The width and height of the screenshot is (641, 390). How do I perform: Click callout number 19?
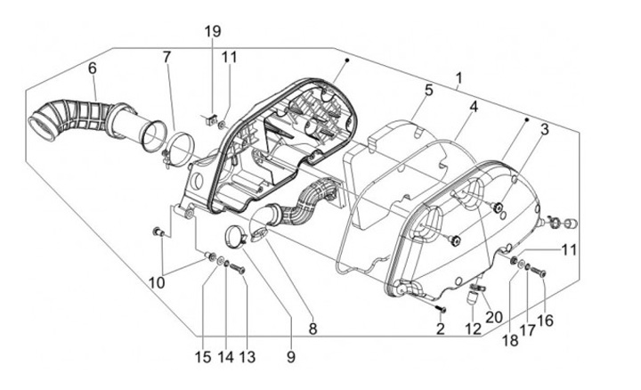[x=211, y=32]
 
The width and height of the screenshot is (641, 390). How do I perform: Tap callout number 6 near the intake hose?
[x=92, y=68]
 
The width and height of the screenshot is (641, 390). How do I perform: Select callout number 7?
[x=166, y=58]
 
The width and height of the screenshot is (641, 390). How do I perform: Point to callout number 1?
[x=458, y=79]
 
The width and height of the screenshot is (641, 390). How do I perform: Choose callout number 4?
[x=474, y=107]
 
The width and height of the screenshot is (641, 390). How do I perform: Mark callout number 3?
[x=543, y=129]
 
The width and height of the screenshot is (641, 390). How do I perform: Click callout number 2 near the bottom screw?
[x=440, y=329]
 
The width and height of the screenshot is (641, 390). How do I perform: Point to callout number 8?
[x=312, y=329]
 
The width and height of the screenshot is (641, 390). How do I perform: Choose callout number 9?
[x=290, y=357]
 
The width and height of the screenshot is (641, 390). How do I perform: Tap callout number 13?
[x=247, y=357]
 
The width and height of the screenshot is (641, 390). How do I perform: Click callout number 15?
[x=204, y=357]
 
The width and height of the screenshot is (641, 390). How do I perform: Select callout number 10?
[x=157, y=282]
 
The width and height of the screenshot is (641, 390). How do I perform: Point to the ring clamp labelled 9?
[x=236, y=238]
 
